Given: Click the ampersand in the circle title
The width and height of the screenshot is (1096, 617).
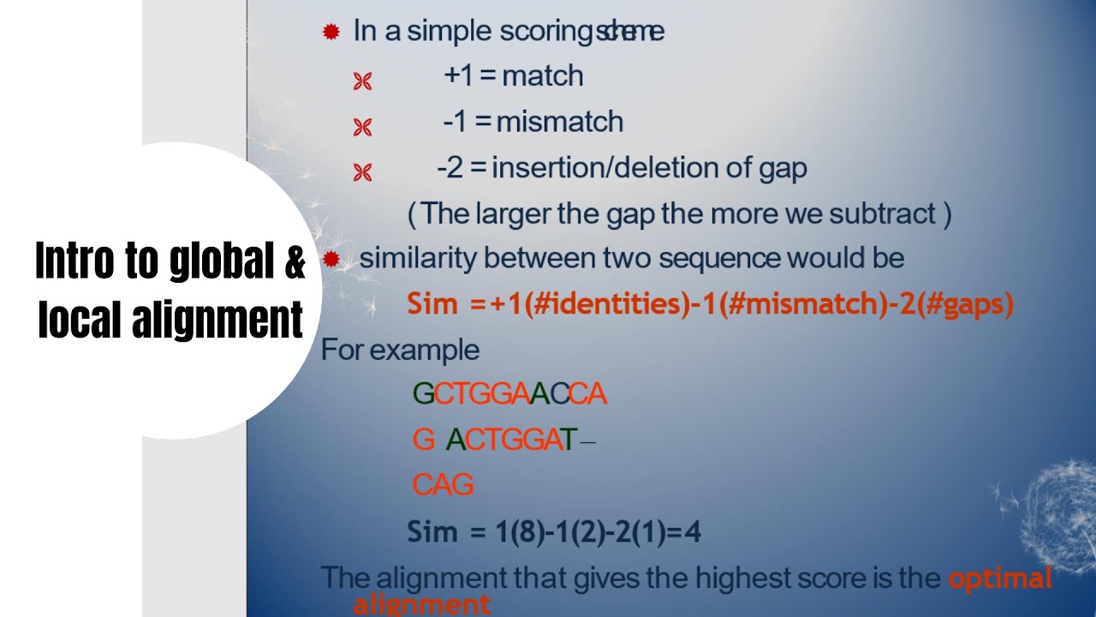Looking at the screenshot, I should click(294, 261).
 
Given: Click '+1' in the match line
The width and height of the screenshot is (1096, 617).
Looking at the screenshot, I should click(458, 76).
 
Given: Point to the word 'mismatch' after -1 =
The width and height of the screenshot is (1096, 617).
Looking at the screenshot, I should click(560, 122).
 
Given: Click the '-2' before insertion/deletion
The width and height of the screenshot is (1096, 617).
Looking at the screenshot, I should click(450, 167).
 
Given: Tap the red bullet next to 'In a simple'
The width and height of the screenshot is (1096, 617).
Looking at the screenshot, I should click(331, 33).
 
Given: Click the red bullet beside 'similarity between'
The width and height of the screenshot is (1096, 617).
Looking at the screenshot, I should click(331, 259).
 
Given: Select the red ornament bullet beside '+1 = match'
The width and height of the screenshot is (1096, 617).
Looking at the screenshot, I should click(362, 81).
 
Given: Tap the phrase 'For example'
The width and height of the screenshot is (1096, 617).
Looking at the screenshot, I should click(400, 350).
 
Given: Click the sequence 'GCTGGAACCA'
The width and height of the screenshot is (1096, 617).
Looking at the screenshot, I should click(509, 394).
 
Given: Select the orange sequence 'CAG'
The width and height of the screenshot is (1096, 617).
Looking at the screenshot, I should click(443, 485).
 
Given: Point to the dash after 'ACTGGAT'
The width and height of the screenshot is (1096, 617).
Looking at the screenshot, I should click(587, 442).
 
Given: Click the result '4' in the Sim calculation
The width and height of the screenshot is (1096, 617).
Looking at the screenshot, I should click(693, 533).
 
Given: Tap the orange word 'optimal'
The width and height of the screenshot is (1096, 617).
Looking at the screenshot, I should click(999, 578).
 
